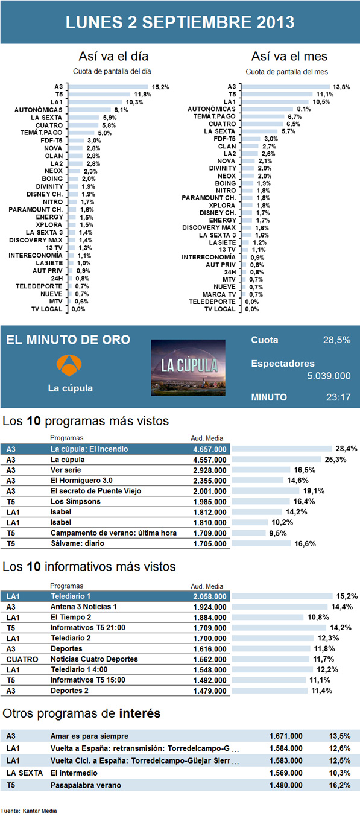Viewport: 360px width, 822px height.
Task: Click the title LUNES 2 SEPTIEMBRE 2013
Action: tap(180, 23)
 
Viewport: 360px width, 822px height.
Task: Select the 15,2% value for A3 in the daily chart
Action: tap(160, 87)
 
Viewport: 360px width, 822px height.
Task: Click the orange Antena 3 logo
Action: tap(70, 365)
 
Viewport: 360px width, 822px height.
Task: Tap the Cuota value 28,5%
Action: tap(336, 340)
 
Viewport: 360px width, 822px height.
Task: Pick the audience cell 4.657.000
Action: tap(208, 449)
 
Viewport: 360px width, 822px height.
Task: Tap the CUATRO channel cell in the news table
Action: tap(22, 659)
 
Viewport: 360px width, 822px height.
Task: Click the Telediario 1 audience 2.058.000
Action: tap(208, 596)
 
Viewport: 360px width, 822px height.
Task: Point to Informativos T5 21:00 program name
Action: tap(86, 627)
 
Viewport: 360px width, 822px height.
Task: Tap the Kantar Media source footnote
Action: tap(30, 811)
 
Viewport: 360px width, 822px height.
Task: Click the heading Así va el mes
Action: tap(289, 57)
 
